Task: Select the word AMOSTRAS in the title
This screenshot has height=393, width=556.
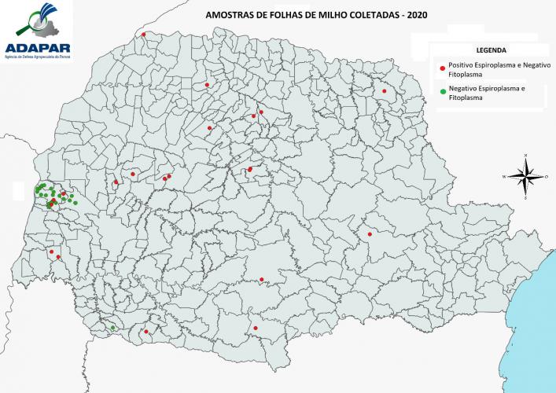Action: pos(227,14)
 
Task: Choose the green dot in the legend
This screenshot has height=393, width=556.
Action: pos(443,92)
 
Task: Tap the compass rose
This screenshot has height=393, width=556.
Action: pos(525,177)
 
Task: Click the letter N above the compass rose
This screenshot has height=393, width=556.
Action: pos(525,155)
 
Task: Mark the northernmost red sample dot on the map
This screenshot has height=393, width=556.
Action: pos(144,35)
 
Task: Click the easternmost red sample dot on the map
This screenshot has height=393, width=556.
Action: pos(385,91)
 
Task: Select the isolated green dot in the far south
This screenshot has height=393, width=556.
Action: pos(113,327)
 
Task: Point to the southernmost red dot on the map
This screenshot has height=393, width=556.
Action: pos(146,332)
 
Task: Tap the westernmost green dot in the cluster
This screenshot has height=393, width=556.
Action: pos(36,191)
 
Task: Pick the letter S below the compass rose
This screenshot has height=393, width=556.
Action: pos(525,200)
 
